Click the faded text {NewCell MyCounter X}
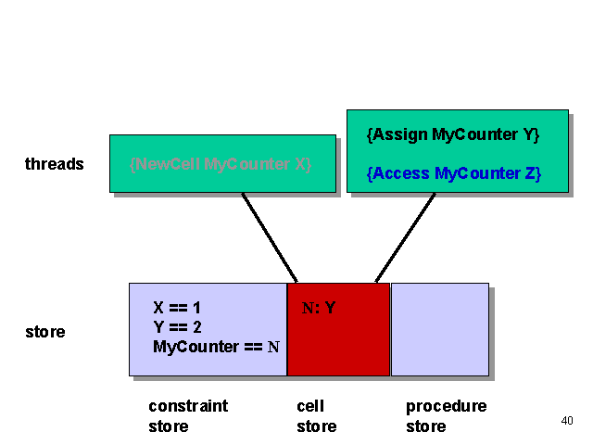[x=221, y=164]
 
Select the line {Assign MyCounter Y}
[x=453, y=135]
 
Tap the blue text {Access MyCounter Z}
[x=453, y=173]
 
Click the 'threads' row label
[x=55, y=164]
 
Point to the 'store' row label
[x=45, y=331]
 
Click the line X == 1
[x=177, y=308]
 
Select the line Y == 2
[x=178, y=327]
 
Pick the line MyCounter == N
[x=216, y=347]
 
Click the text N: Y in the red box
[x=319, y=308]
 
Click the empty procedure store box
[x=439, y=329]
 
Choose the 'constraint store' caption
[x=188, y=416]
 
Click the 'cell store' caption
[x=316, y=416]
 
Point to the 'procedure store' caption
[x=446, y=416]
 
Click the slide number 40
[x=567, y=421]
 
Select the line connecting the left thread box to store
[x=269, y=236]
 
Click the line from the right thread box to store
[x=406, y=236]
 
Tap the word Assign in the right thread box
[x=401, y=135]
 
